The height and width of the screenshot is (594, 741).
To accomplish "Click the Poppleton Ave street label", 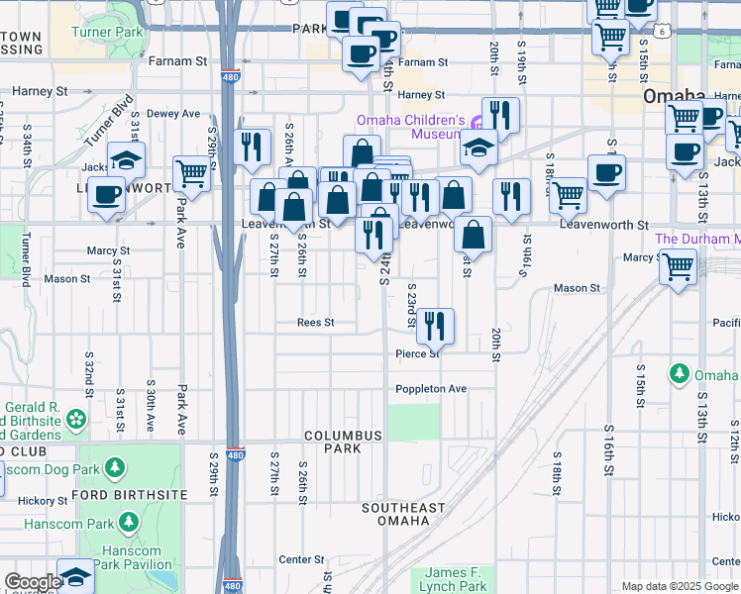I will [430, 389].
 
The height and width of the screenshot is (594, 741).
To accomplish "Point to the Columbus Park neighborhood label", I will [343, 442].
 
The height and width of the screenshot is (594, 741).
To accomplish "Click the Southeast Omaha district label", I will [403, 515].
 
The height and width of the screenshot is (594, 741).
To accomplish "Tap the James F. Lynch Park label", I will [456, 579].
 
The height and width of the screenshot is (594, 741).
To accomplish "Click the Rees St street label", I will [316, 323].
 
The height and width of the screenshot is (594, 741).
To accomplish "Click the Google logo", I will [33, 582].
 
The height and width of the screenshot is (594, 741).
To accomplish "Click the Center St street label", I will [295, 559].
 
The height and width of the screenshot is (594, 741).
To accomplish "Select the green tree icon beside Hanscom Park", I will [129, 522].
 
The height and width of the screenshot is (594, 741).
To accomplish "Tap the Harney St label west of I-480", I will [39, 91].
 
